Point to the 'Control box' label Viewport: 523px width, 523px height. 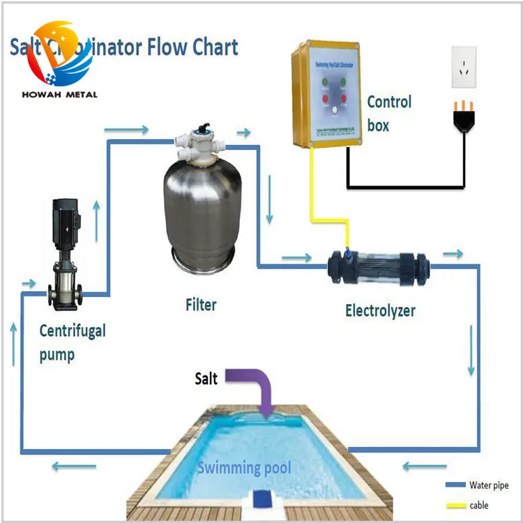(389, 114)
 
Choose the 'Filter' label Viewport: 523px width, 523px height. (201, 305)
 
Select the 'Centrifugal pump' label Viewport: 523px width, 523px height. (72, 342)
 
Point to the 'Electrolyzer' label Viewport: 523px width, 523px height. (380, 310)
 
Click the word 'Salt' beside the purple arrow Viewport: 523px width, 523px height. (206, 379)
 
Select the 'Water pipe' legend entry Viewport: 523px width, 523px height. (488, 485)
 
